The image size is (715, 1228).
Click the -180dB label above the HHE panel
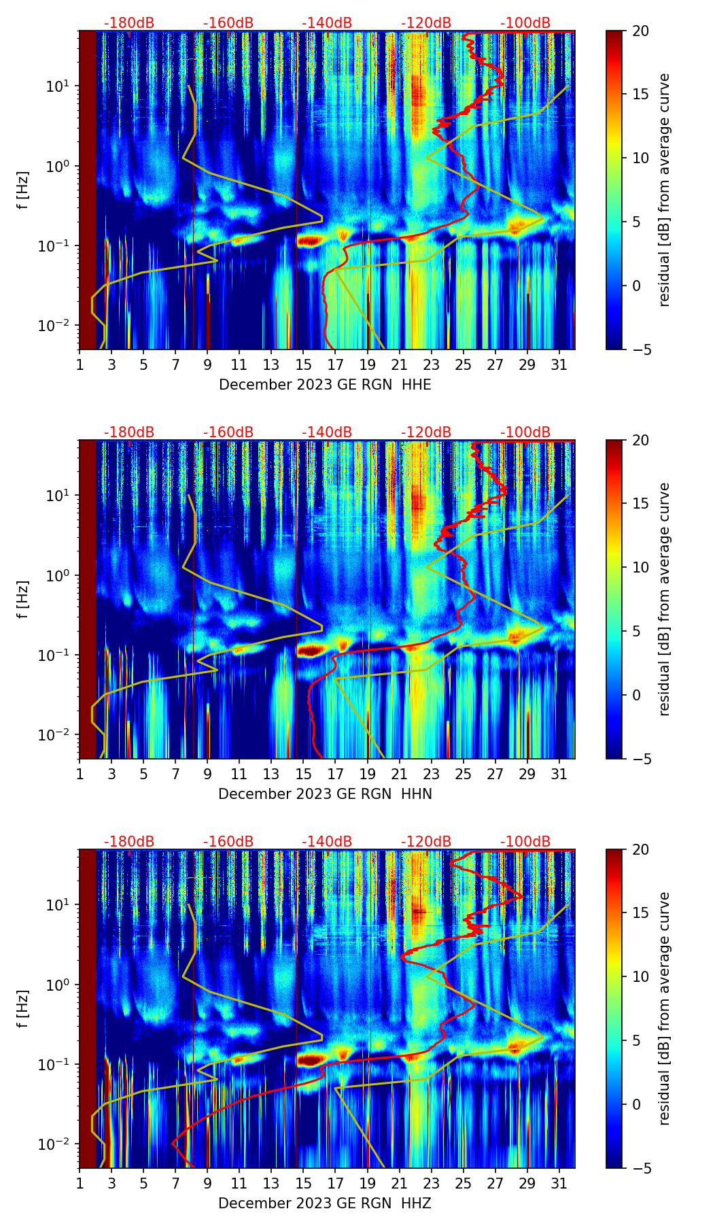point(129,23)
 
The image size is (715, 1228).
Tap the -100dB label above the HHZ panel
point(525,842)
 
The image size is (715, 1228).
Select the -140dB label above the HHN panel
point(327,432)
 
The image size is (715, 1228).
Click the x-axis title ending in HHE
point(325,385)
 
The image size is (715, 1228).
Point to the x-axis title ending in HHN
point(325,794)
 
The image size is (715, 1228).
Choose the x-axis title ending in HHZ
point(325,1204)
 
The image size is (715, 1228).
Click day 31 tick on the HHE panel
point(559,364)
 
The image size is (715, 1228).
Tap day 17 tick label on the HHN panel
point(336,774)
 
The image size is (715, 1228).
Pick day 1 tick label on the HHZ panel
point(80,1183)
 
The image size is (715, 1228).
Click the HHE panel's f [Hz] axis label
point(23,190)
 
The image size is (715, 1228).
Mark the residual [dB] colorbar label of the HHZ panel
point(665,1008)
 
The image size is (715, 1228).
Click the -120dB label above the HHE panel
point(426,23)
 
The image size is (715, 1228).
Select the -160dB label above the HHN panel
point(228,432)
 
